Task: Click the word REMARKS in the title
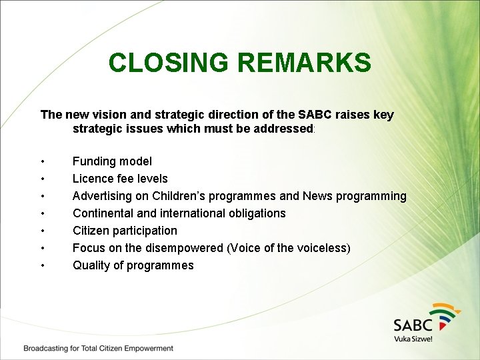point(304,63)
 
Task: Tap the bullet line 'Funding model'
point(112,161)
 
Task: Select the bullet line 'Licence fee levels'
point(120,179)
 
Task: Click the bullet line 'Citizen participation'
point(125,231)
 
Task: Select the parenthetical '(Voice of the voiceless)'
point(289,248)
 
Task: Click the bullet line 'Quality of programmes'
point(133,265)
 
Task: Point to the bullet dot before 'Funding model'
point(43,162)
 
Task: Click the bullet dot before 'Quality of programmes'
point(43,266)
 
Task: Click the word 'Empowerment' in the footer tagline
point(148,348)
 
